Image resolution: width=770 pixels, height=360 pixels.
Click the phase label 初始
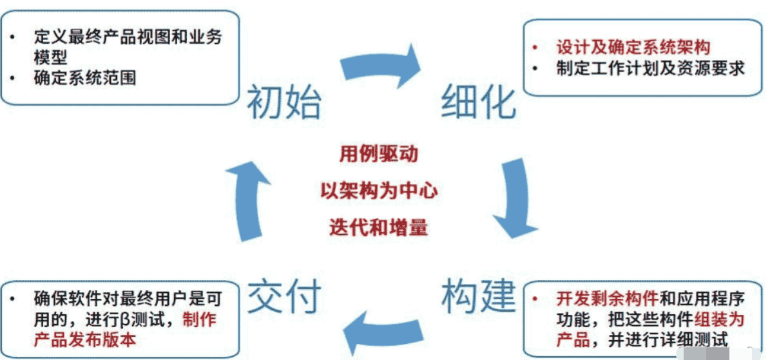[284, 103]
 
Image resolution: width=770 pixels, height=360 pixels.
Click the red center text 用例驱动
[379, 155]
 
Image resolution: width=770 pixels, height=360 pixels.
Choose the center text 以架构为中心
[379, 191]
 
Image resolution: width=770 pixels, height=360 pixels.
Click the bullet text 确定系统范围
[84, 78]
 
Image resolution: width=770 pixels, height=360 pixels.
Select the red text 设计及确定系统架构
[633, 47]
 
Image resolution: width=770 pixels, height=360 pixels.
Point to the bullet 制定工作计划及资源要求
[650, 68]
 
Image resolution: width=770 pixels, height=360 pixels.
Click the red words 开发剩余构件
[606, 299]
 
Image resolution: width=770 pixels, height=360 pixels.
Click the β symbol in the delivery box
[124, 319]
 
